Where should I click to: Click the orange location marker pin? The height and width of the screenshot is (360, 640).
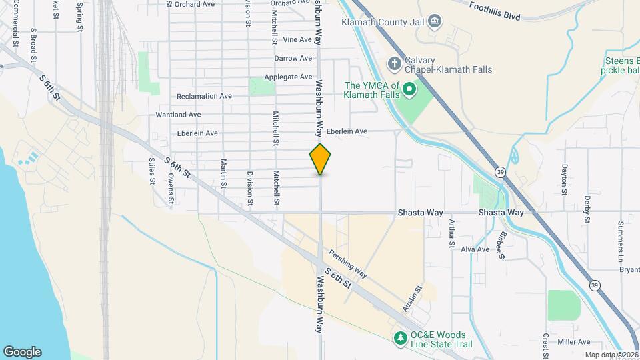tap(321, 159)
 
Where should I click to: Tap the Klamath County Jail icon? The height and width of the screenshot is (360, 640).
tap(435, 22)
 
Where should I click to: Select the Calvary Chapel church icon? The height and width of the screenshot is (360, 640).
tap(395, 64)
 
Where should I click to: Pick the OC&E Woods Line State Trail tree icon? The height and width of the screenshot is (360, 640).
tap(401, 339)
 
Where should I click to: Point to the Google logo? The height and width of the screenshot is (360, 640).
tap(22, 352)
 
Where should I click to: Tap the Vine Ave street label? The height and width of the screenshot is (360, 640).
tap(297, 40)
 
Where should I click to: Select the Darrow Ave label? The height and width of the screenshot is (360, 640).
tap(293, 59)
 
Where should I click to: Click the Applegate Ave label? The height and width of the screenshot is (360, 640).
tap(288, 77)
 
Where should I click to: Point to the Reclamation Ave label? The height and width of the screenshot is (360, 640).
tap(204, 96)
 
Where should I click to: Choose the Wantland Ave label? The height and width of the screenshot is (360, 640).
tap(178, 115)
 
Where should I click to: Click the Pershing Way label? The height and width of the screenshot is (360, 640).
tap(348, 263)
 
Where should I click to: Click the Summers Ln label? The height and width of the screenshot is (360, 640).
tap(620, 233)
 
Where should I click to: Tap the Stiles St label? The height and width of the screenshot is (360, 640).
tap(152, 171)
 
